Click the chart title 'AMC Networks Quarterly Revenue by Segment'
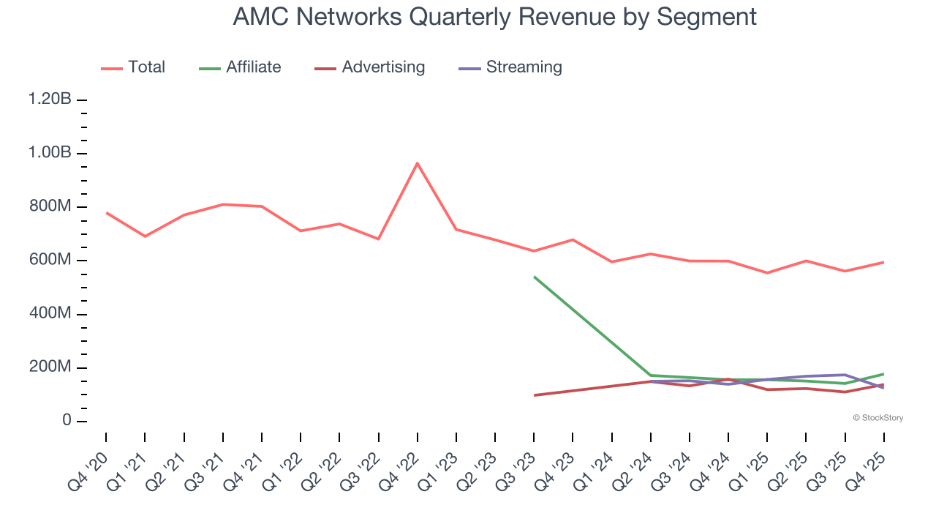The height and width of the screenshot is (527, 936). [x=494, y=16]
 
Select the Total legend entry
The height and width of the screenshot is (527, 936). [x=133, y=67]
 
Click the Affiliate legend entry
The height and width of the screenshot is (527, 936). [x=240, y=67]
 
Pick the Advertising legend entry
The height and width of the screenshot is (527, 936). [x=369, y=67]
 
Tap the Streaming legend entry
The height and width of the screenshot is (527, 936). [x=510, y=67]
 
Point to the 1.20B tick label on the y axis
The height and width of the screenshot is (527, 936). [x=50, y=100]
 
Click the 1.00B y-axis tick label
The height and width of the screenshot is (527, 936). [x=50, y=153]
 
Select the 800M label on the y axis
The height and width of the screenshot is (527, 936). [x=51, y=207]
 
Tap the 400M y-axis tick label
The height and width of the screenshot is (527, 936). [x=51, y=314]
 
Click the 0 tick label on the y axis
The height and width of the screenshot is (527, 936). [x=67, y=421]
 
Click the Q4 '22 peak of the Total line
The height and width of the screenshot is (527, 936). [x=417, y=163]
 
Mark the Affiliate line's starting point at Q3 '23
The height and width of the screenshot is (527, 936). [x=534, y=277]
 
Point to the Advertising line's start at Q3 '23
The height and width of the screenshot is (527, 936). [x=534, y=395]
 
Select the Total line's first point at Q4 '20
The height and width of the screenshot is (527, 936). [x=106, y=212]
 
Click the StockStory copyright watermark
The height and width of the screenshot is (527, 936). [x=877, y=418]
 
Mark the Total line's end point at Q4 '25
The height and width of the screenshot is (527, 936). [x=883, y=262]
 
